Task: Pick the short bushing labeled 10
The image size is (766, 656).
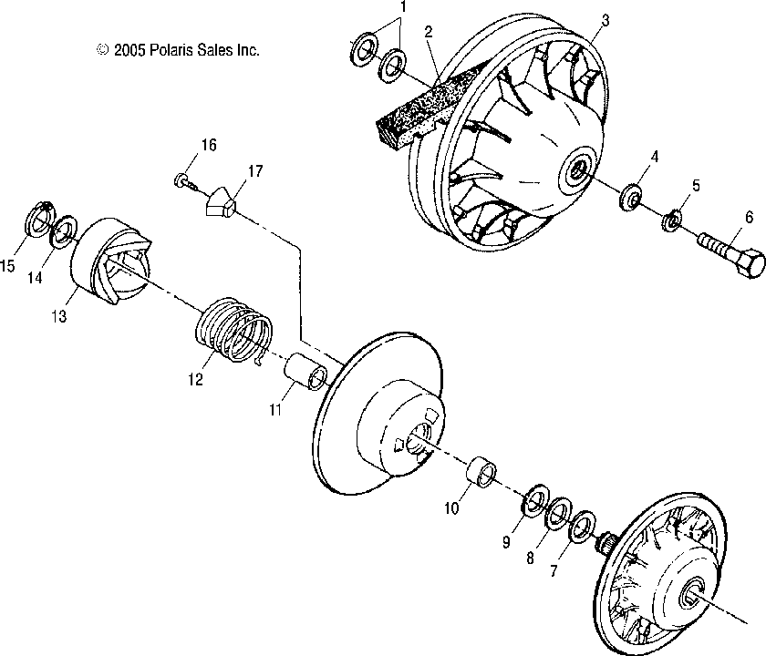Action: (x=482, y=472)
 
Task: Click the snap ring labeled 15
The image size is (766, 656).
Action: (x=38, y=213)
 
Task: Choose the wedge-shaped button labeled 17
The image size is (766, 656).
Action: (x=220, y=200)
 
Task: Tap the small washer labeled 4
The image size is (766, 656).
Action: (x=631, y=196)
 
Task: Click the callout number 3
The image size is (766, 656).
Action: (x=605, y=20)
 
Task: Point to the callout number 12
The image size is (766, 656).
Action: (x=195, y=379)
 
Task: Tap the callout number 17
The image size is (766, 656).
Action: (x=255, y=171)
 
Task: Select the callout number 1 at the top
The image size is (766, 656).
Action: (x=402, y=7)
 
